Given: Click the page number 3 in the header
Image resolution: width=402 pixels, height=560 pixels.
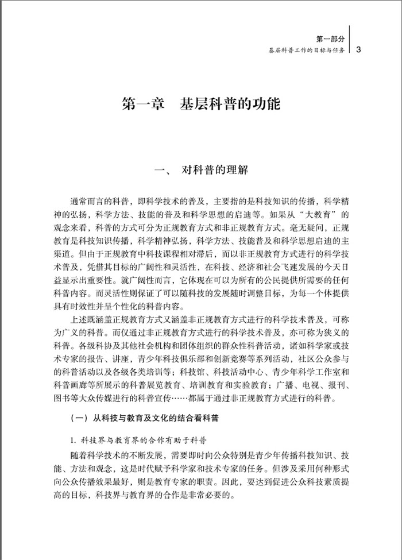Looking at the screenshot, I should (358, 49).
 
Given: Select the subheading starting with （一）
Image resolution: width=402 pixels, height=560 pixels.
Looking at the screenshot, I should (144, 419).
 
